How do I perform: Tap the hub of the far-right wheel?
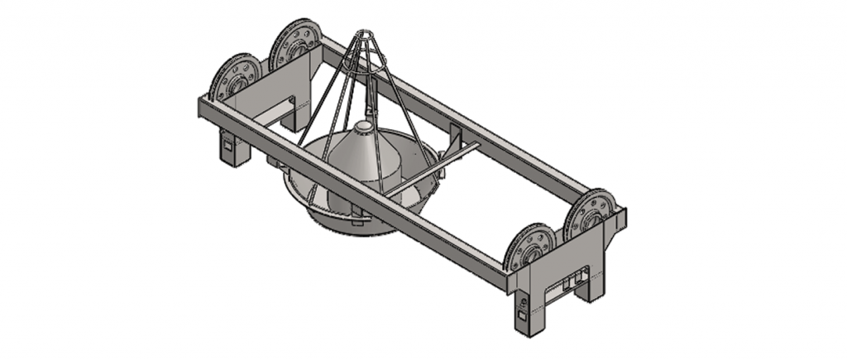tap(589, 214)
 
